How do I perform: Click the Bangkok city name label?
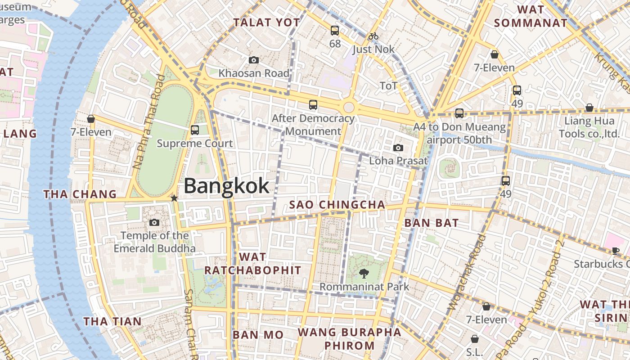pos(226,186)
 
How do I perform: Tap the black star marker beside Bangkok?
pos(174,198)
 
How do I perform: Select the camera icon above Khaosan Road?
pos(254,60)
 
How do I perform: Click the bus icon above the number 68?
pos(335,31)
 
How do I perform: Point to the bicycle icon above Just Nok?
pos(373,36)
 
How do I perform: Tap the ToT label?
pos(389,86)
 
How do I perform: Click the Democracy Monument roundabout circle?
pos(349,107)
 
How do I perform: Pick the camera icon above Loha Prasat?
pos(398,148)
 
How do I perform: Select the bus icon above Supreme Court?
pos(195,130)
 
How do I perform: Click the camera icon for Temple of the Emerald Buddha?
pos(154,222)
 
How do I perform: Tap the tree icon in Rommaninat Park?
pos(364,273)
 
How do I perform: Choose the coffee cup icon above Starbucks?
pos(616,251)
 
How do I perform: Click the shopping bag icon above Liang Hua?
pos(589,108)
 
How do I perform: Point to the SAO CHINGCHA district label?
pos(337,205)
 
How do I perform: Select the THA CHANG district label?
pos(80,194)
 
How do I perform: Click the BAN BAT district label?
pos(431,223)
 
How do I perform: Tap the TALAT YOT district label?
pos(266,22)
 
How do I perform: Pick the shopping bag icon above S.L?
pos(474,338)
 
